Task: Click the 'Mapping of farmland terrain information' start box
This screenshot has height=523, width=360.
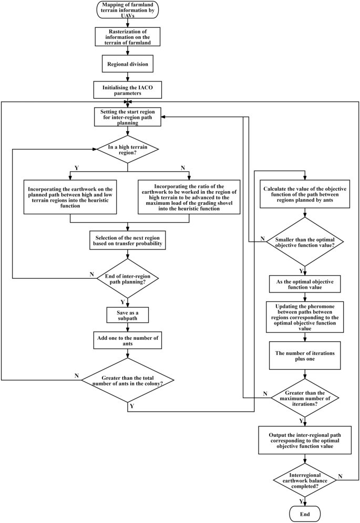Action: pos(128,11)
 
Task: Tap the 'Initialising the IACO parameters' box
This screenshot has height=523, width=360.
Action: pos(128,90)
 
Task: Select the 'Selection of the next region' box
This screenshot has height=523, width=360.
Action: pos(128,240)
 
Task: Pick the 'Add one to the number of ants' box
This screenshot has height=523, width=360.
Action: pos(128,341)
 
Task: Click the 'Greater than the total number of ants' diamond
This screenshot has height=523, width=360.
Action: pos(128,379)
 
